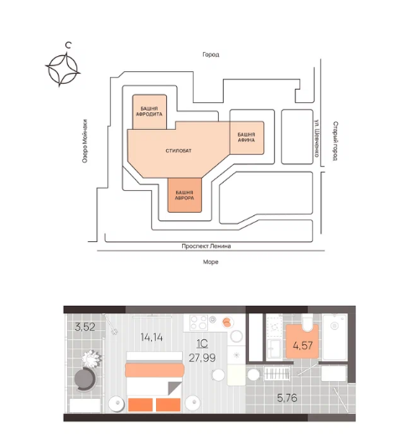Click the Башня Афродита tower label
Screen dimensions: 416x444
149,111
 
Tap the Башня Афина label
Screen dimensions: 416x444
246,137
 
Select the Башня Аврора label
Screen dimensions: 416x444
185,195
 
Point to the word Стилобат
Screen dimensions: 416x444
179,151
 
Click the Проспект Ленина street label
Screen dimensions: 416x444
206,246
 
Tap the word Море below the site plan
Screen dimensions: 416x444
211,262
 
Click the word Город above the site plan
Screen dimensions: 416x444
211,54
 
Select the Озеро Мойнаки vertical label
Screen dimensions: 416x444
85,141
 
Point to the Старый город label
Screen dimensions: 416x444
335,141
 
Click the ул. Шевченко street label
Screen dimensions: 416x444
317,137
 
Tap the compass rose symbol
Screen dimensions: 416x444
63,69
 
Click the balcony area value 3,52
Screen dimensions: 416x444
85,327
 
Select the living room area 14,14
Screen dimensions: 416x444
152,338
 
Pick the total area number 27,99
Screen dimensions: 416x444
202,358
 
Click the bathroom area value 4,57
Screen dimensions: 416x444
303,345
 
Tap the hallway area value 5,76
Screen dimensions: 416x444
287,398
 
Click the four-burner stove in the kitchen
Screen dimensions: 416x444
199,323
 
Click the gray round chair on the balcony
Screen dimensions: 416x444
85,379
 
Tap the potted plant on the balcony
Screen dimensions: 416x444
91,359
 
